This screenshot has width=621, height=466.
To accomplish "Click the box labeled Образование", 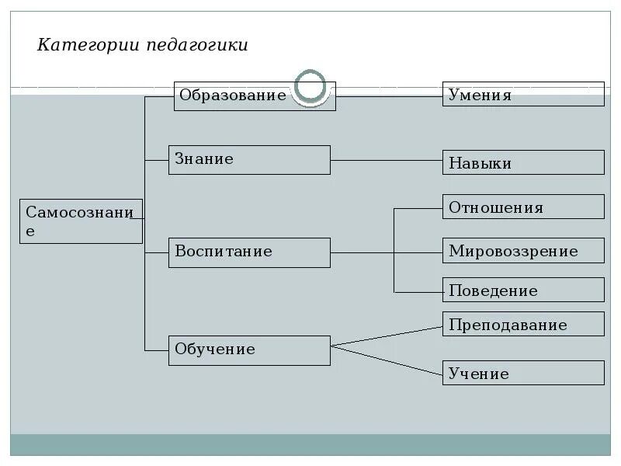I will (233, 96).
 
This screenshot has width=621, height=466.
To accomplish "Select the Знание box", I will (249, 159).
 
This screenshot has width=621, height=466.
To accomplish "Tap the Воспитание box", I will (249, 252).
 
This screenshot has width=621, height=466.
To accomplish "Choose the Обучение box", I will (249, 349).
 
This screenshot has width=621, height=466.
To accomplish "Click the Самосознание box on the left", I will (81, 221).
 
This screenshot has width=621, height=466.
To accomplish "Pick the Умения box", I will (523, 95).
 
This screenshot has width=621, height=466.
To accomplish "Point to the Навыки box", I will (523, 162).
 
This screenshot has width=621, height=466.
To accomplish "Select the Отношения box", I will (523, 207).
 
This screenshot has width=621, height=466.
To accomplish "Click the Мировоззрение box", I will (523, 251).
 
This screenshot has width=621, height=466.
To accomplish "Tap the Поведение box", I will (523, 290).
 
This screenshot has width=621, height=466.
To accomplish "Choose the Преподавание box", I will (523, 324).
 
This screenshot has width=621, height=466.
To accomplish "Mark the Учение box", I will (523, 373).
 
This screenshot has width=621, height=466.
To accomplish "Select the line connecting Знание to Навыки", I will (387, 160).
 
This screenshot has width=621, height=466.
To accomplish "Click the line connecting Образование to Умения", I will (388, 96).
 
